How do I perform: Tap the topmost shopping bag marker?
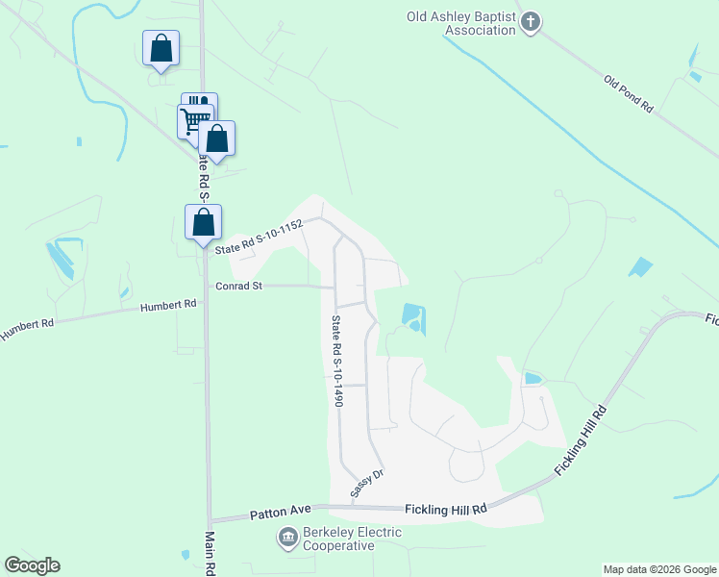161,48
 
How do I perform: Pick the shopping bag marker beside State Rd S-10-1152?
203,222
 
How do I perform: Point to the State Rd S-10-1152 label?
260,237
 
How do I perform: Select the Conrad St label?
237,286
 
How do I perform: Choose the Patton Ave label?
276,514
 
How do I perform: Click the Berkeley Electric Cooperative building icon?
287,538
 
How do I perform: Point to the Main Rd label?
210,553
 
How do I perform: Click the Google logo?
32,565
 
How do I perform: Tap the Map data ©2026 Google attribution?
658,569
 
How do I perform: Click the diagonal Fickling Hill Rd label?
582,441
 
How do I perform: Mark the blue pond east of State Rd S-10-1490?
412,316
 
